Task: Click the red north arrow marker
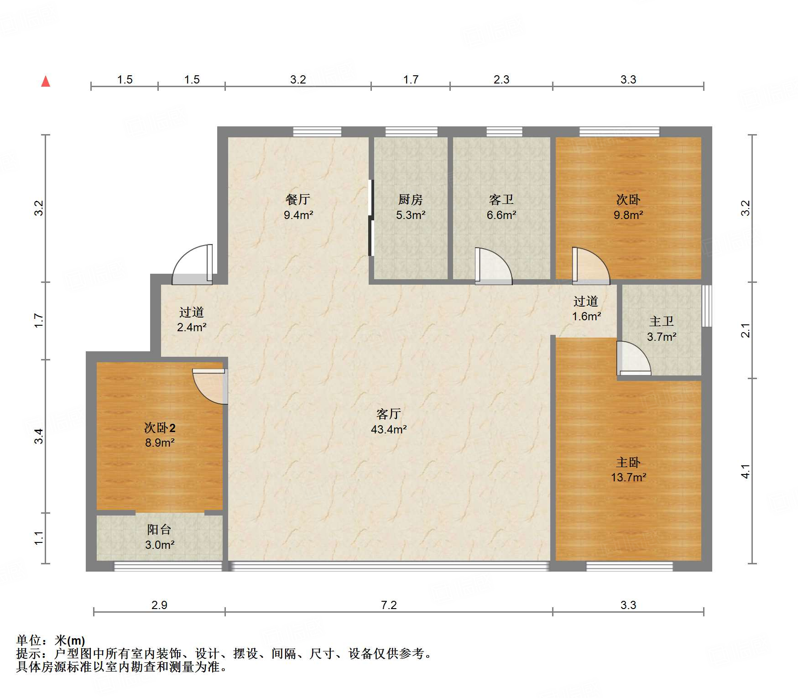pos(46,82)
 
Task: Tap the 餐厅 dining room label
pos(298,199)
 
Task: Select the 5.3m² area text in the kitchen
pos(411,215)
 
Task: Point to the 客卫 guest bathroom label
pos(501,199)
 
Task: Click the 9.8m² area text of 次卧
pos(628,215)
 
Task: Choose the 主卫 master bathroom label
pos(662,321)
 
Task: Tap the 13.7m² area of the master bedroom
pos(628,478)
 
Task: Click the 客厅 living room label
pos(389,414)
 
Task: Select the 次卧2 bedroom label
pos(160,427)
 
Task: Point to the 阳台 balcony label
pos(159,529)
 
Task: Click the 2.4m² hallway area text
pos(192,327)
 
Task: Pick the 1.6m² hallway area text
pos(586,316)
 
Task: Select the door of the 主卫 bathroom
pos(633,359)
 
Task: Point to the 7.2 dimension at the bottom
pos(389,605)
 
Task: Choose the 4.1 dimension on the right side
pos(745,471)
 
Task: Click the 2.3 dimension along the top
pos(501,80)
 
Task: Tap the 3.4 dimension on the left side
pos(39,436)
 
